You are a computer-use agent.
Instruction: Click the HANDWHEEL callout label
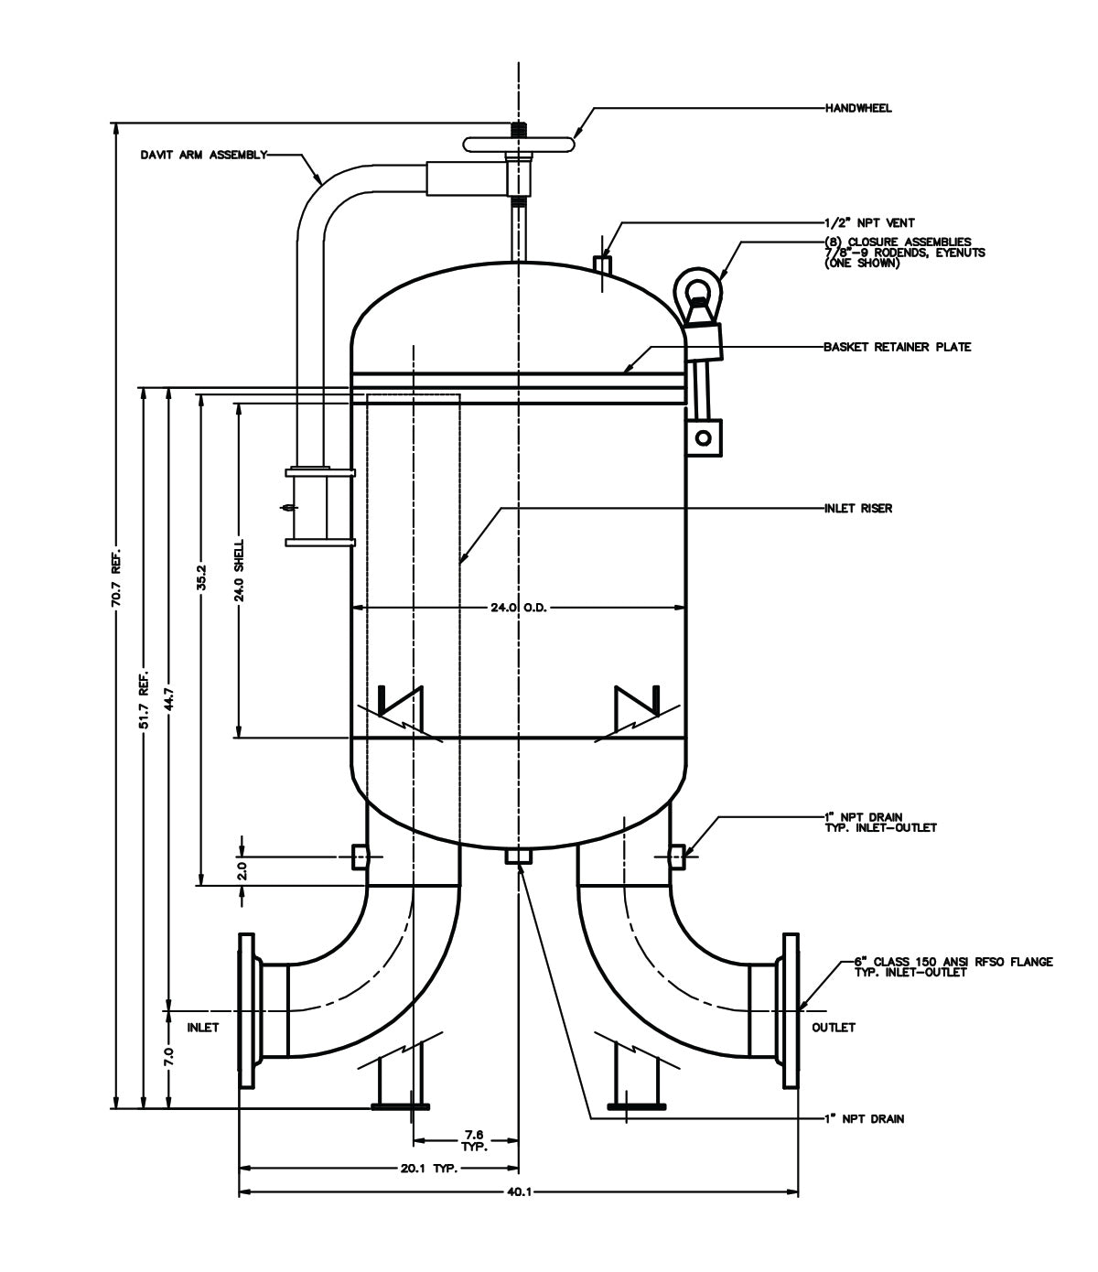pos(857,108)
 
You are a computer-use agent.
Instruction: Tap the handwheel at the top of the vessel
pos(519,145)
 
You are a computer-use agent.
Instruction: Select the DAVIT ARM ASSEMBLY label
pos(203,155)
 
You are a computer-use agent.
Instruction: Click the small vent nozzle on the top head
pos(602,264)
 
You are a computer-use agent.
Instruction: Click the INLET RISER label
pos(857,508)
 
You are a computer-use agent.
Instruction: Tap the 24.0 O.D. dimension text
pos(519,608)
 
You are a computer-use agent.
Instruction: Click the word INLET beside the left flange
pos(203,1027)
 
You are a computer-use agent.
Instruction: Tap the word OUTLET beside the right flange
pos(834,1027)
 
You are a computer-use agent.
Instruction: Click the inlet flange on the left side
pos(246,1010)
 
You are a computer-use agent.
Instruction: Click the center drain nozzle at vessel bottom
pos(519,857)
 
